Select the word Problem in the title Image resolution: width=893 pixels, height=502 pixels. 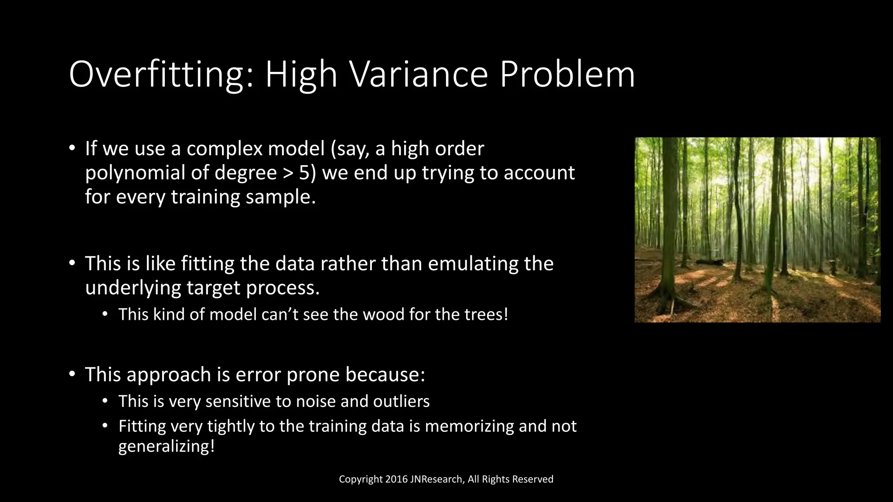point(567,75)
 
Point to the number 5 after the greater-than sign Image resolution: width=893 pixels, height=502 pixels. point(304,173)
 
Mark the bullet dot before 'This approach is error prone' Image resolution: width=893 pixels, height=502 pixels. point(72,374)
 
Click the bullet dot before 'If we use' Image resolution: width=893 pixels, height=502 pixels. point(72,148)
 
